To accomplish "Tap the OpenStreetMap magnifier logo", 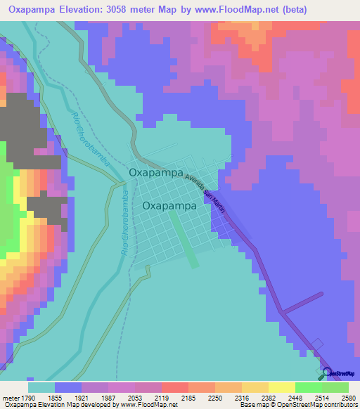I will coord(326,372).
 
